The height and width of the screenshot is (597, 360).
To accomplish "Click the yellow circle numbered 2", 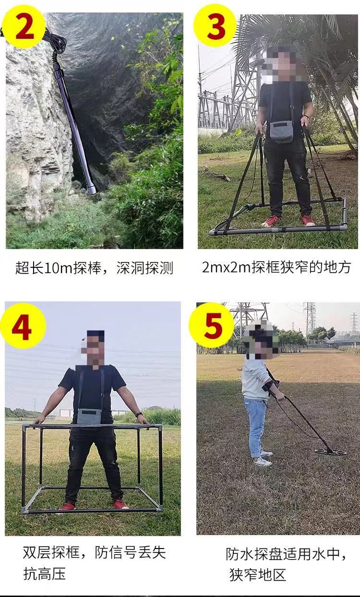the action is click(x=24, y=27).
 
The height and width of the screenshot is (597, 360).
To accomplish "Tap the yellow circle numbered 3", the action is click(x=215, y=26).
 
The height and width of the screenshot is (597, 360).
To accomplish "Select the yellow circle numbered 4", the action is click(x=23, y=326).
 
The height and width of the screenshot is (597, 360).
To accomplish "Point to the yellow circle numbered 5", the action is click(x=212, y=325).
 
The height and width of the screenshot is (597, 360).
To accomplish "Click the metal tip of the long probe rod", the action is click(x=92, y=190).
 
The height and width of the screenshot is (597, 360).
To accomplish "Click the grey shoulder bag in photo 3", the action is click(x=282, y=131).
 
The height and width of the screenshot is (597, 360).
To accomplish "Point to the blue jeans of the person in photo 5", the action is click(x=255, y=427).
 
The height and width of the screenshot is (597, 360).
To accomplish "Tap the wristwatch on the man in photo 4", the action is click(x=138, y=415).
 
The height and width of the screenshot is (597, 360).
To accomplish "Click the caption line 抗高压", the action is click(x=44, y=573).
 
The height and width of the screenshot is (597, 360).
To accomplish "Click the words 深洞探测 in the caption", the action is click(x=144, y=268).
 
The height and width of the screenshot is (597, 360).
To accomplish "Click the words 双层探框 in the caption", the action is click(x=51, y=552).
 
